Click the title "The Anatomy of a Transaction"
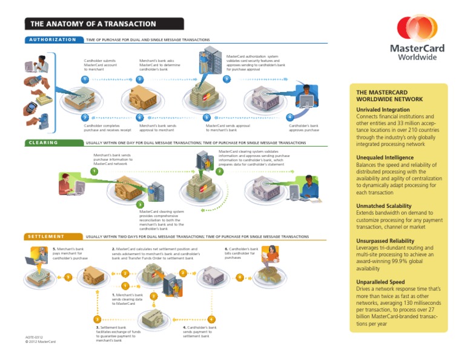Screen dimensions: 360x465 pyautogui.click(x=89, y=24)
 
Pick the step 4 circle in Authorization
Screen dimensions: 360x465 pyautogui.click(x=291, y=116)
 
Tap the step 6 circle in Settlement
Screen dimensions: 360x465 pyautogui.click(x=240, y=278)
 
